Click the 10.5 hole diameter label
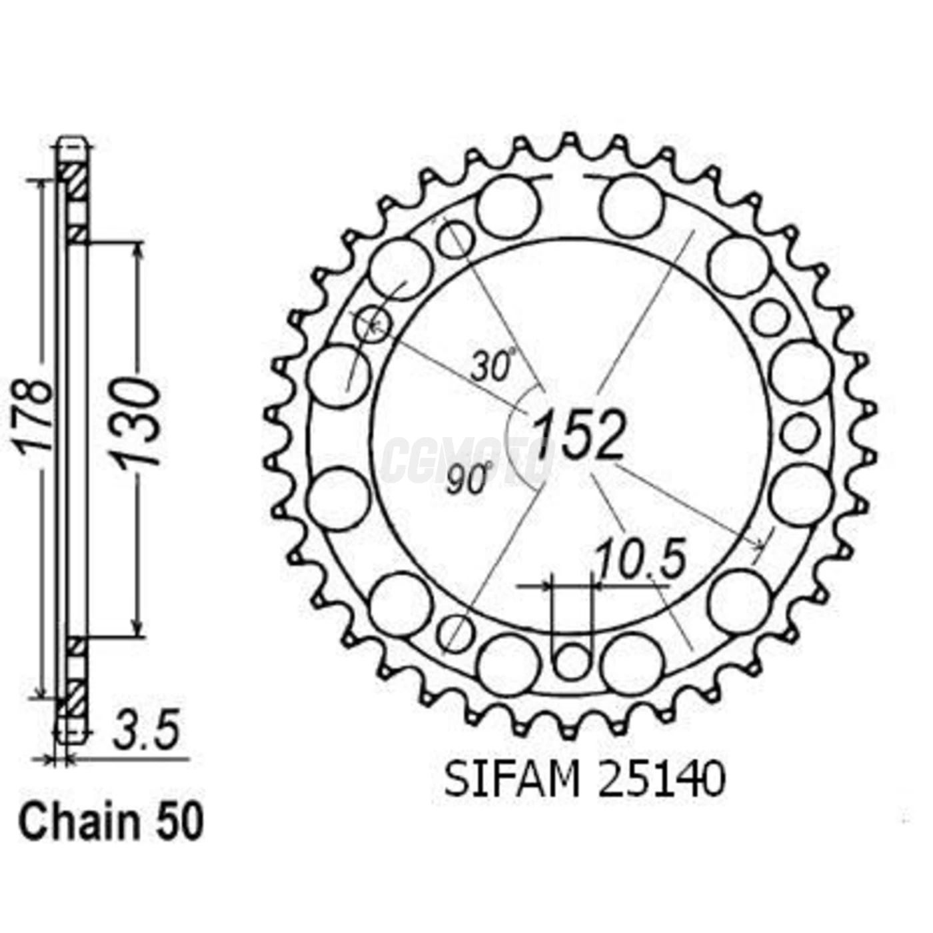pyautogui.click(x=640, y=560)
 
